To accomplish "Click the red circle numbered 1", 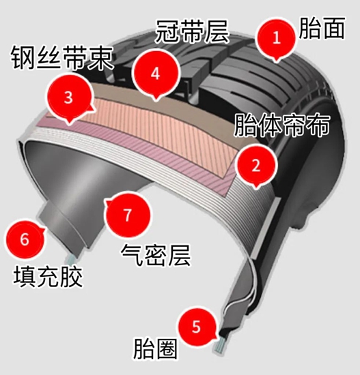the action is click(x=276, y=37).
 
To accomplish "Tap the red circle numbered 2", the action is click(x=255, y=165).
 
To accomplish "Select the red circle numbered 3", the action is click(x=69, y=97).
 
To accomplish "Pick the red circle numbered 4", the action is click(x=155, y=74).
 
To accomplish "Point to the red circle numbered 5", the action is click(x=196, y=327).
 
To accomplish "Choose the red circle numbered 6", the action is click(x=25, y=239).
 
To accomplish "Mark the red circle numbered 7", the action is click(x=128, y=215).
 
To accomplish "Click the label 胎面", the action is click(x=322, y=28).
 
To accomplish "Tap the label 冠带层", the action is click(x=191, y=31).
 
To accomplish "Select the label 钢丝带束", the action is click(x=62, y=58).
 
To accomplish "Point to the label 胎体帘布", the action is click(x=282, y=125).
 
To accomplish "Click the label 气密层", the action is click(x=156, y=255).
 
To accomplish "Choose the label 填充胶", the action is click(x=48, y=276).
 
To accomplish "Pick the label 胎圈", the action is click(x=155, y=348).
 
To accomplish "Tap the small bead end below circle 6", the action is click(x=71, y=258).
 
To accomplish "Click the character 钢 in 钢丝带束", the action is click(x=23, y=58).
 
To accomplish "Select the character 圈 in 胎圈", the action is click(x=167, y=348).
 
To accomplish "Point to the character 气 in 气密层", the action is click(x=133, y=255).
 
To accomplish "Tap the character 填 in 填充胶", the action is click(x=25, y=276).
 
